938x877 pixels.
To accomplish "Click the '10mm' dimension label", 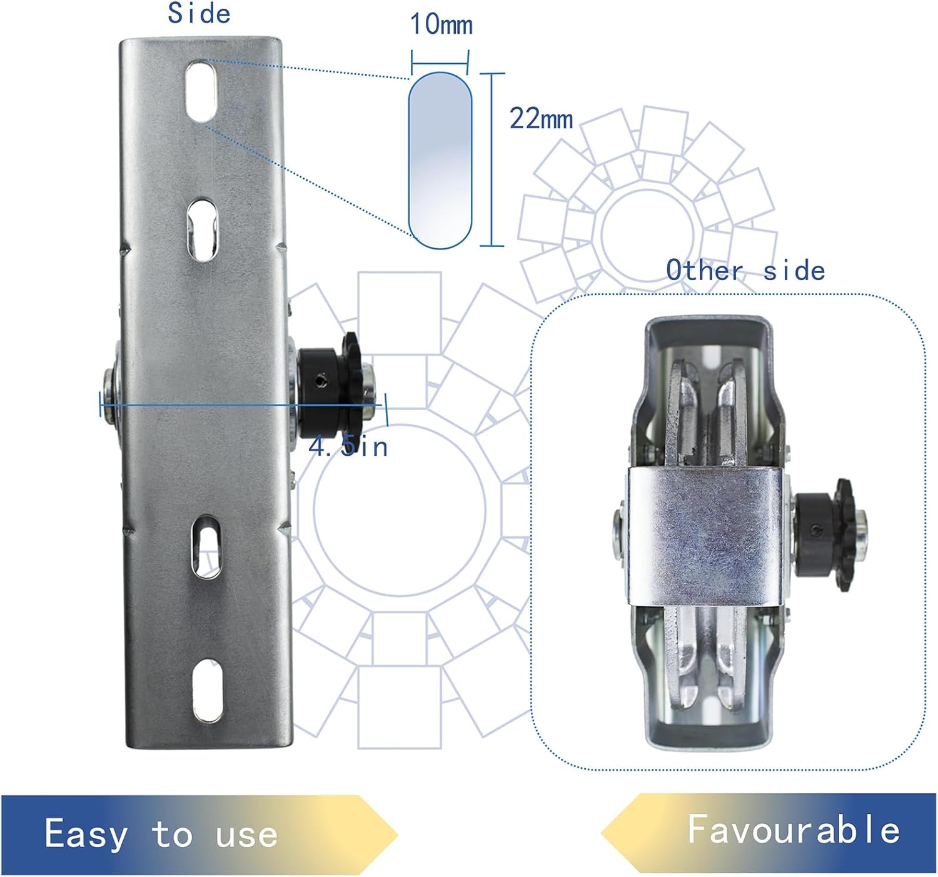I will click(441, 24).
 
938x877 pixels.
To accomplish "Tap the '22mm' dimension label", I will click(541, 118).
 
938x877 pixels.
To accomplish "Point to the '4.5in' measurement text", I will click(348, 446).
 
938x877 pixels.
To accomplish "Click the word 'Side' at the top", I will click(199, 14).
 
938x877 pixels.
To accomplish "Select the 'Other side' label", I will click(745, 271).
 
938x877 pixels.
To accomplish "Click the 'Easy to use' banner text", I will click(161, 834).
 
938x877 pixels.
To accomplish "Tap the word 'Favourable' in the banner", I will click(794, 829).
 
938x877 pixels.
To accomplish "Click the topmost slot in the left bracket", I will click(201, 91).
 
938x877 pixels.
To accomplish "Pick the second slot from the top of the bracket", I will click(201, 229).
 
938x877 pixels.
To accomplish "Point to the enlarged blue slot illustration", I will click(440, 161).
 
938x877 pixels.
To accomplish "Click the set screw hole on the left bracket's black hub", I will click(321, 379).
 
